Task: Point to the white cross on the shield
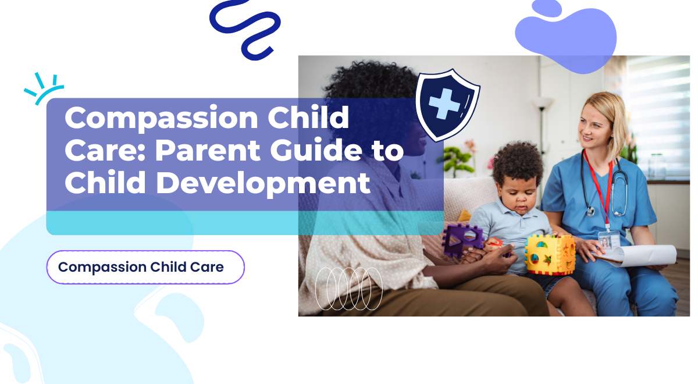pos(443,103)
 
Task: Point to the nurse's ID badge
pos(608,240)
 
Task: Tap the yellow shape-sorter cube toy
pos(550,255)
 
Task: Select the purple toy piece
pos(462,240)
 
